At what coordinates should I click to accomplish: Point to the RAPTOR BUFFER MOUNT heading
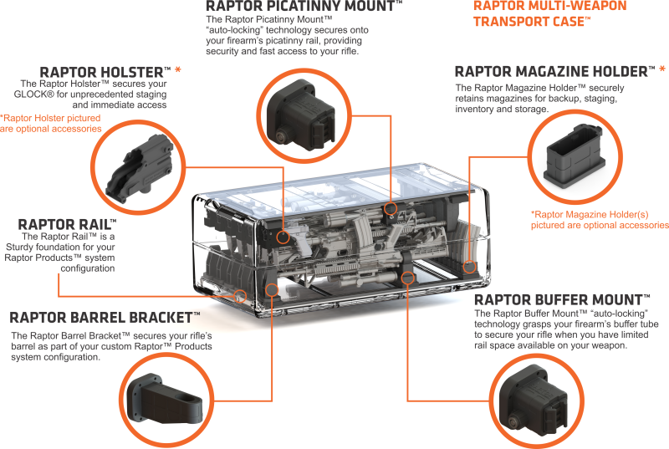tap(560, 299)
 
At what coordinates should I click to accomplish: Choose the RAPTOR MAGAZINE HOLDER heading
tap(554, 72)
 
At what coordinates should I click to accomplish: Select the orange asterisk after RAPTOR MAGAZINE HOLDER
tap(661, 71)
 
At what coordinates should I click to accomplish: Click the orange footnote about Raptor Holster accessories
tap(50, 123)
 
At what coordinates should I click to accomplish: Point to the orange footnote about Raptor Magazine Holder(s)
tap(599, 219)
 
